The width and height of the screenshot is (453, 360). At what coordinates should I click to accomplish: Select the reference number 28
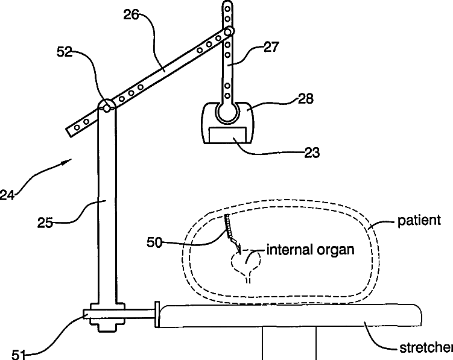[305, 98]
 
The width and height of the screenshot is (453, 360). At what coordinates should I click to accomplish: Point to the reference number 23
[311, 153]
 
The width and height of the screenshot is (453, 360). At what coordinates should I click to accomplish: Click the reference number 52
[64, 53]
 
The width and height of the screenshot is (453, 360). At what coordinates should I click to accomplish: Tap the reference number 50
[154, 242]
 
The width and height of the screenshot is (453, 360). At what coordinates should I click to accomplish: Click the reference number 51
[19, 355]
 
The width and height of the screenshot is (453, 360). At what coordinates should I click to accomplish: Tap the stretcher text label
[426, 348]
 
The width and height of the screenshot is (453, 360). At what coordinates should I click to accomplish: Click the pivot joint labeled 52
[107, 107]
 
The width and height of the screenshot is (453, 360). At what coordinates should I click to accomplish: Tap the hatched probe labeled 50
[229, 229]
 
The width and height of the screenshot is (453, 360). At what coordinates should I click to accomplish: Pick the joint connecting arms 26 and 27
[229, 31]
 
